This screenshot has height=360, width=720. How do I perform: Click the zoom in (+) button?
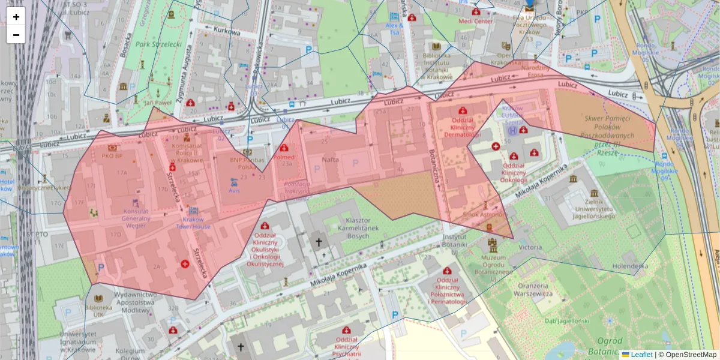click(16, 17)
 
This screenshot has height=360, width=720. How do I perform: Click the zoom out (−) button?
click(16, 35)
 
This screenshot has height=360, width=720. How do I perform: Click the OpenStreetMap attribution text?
click(688, 355)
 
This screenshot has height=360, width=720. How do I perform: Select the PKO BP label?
click(112, 156)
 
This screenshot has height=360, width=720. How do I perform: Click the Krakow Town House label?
click(193, 223)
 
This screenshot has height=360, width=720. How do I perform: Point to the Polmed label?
click(284, 156)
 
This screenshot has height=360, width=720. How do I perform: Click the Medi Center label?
click(475, 21)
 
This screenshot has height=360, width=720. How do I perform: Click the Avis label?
click(234, 190)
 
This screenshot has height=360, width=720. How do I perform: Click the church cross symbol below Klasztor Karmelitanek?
click(319, 242)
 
